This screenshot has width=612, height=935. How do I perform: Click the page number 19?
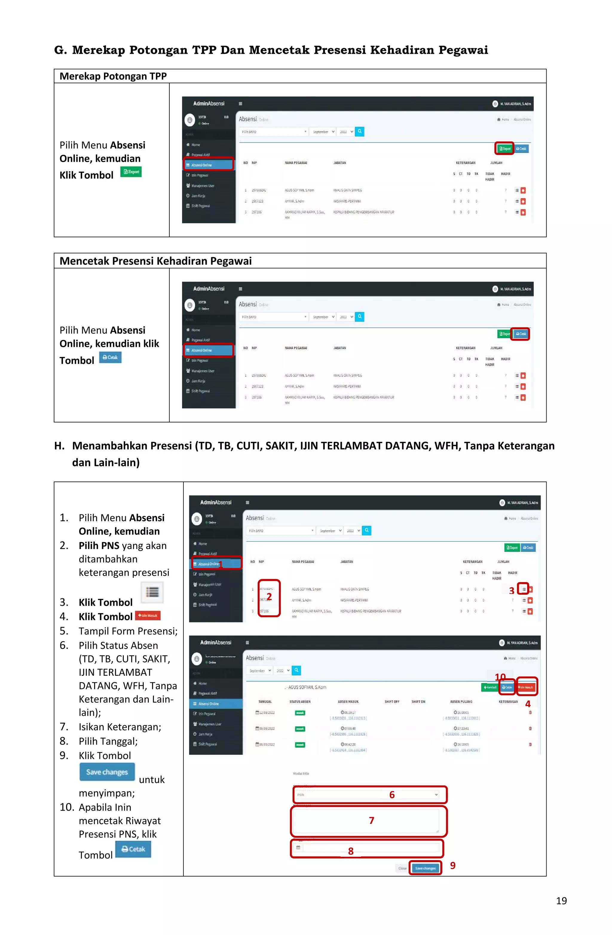561,901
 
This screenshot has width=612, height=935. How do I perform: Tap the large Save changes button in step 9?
107,772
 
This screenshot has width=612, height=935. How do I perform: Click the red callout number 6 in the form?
392,795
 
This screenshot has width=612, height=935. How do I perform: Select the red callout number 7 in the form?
371,820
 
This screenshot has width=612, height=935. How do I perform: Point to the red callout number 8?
351,851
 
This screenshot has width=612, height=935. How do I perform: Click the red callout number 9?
453,865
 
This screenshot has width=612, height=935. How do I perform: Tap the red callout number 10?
500,677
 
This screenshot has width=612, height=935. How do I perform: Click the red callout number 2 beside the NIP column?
269,597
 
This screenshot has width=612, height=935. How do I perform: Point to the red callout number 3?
511,591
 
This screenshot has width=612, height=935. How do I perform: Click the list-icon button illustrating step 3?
152,592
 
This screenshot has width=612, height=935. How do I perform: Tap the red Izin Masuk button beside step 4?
148,616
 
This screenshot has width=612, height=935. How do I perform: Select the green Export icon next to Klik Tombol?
131,172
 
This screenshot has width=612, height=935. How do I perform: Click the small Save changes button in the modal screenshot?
425,868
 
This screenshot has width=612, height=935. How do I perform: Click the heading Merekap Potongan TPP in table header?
113,76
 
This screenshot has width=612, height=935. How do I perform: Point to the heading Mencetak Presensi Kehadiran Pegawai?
155,261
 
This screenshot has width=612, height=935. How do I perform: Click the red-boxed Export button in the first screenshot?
504,148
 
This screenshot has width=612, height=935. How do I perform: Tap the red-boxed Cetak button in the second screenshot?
520,334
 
